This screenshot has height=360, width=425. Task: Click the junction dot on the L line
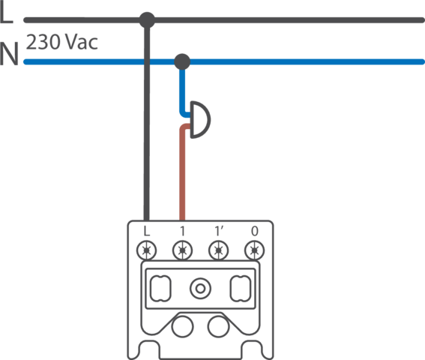(x=147, y=19)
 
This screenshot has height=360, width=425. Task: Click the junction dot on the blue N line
(x=182, y=61)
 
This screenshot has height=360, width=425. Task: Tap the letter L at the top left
(x=6, y=13)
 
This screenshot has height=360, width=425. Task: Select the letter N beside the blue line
(x=9, y=54)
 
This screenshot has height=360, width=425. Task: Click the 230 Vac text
(x=61, y=42)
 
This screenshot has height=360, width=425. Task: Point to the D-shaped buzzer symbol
(x=200, y=120)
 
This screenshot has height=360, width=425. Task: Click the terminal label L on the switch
(x=146, y=231)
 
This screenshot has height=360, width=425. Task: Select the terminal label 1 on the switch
(x=182, y=231)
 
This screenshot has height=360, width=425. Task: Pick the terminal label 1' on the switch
(x=219, y=231)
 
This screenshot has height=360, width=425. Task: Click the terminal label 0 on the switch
(x=255, y=231)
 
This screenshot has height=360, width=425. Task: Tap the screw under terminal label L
(x=146, y=250)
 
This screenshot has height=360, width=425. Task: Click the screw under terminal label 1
(x=182, y=250)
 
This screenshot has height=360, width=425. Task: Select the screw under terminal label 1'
(x=218, y=250)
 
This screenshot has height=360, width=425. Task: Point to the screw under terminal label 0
(x=255, y=250)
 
